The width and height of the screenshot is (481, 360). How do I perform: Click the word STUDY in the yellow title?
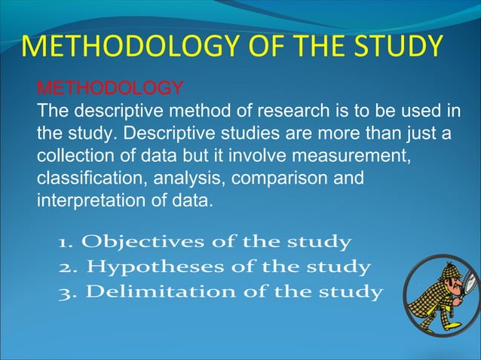(x=400, y=46)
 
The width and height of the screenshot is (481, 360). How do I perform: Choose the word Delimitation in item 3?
(x=142, y=292)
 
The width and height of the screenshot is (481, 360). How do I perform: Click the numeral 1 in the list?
(x=65, y=243)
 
